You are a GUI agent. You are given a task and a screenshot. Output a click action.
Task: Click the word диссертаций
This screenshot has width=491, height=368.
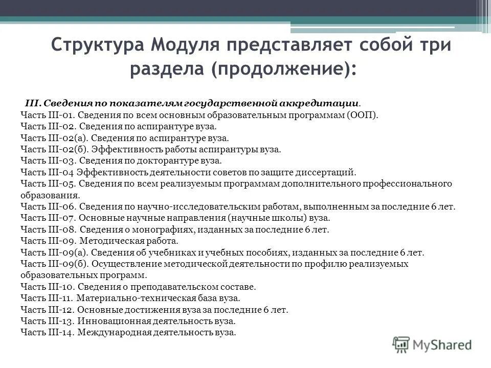[326, 173]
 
